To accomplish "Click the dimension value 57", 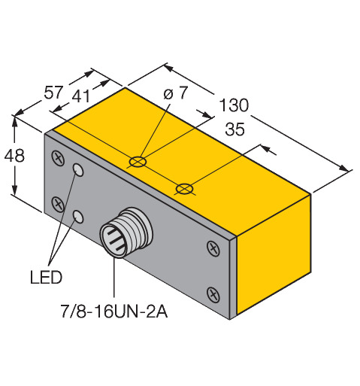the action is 53,92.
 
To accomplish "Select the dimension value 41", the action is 81,96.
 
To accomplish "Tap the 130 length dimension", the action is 234,105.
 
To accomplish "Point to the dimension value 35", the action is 234,129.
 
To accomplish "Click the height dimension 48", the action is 14,156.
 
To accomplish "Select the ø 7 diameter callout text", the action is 176,93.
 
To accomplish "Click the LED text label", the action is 46,277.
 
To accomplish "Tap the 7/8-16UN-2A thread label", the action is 114,312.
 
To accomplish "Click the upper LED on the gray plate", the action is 78,170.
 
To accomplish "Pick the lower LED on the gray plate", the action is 78,216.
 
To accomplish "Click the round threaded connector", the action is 126,233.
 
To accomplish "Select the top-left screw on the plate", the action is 58,158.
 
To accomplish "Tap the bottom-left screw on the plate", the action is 58,205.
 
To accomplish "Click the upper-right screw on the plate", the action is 213,249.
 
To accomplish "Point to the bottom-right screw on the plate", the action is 213,294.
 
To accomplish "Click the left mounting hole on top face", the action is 138,162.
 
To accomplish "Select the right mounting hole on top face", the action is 184,188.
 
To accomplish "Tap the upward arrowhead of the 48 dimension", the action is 15,122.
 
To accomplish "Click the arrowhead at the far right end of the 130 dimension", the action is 343,169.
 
